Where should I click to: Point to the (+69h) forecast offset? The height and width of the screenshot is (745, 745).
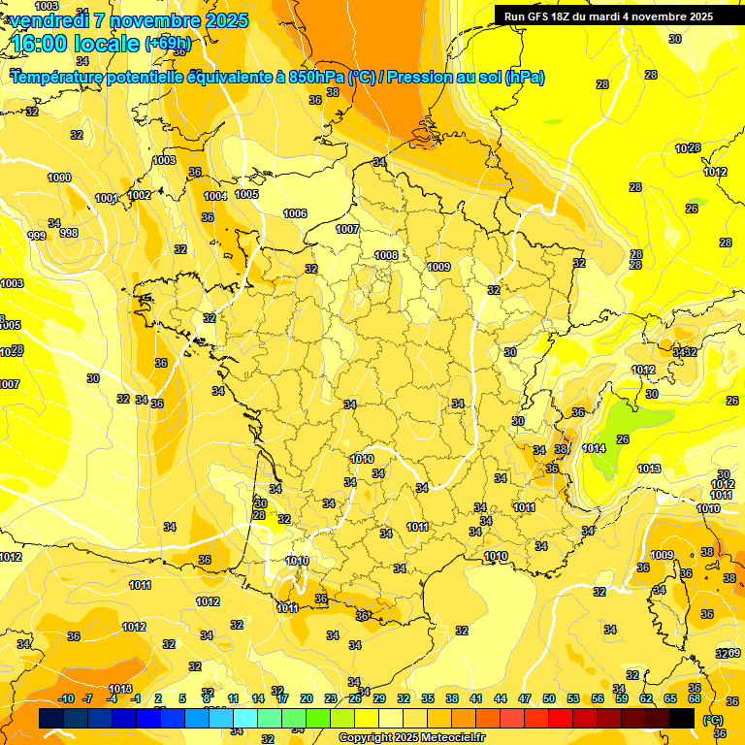click(x=169, y=45)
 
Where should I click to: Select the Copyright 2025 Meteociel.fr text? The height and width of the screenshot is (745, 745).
click(x=411, y=737)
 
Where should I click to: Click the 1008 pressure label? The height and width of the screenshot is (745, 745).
click(x=386, y=255)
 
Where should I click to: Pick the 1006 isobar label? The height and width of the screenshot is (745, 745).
click(x=295, y=213)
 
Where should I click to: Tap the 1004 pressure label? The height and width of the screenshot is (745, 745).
click(x=215, y=196)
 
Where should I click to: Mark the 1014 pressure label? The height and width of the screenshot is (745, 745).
click(x=595, y=448)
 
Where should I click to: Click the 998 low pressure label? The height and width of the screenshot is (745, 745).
click(x=69, y=233)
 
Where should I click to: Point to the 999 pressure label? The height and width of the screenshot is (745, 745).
click(x=37, y=236)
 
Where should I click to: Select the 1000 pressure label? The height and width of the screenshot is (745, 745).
click(x=59, y=178)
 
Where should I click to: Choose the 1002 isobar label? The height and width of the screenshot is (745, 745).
click(x=139, y=195)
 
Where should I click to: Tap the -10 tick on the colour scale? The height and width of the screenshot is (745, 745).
click(x=67, y=698)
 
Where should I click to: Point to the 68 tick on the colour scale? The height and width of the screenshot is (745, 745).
click(x=695, y=698)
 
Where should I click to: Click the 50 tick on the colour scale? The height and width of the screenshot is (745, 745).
click(x=549, y=698)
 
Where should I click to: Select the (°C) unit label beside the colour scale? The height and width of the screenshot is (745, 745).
click(x=712, y=720)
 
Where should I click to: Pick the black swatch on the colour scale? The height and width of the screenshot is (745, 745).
click(x=682, y=718)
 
